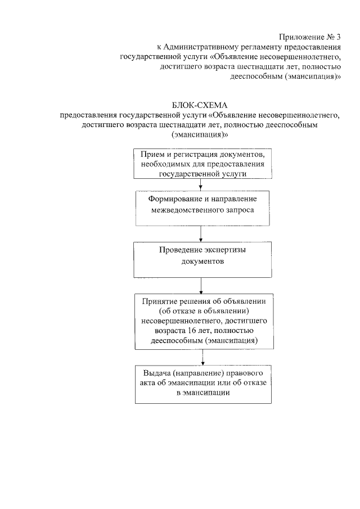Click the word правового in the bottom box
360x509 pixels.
pyautogui.click(x=240, y=373)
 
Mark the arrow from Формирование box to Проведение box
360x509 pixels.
pyautogui.click(x=201, y=233)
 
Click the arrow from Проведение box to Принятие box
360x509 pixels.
pyautogui.click(x=201, y=286)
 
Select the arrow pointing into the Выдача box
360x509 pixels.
pyautogui.click(x=202, y=358)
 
